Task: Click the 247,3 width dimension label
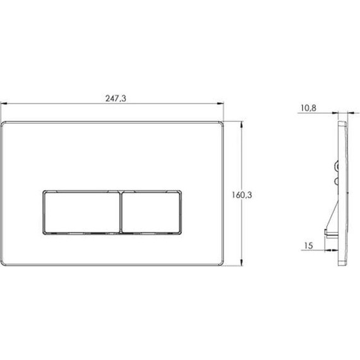[116, 99]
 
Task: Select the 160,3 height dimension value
[242, 195]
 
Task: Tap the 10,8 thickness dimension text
[308, 108]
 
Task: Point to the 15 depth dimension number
[309, 246]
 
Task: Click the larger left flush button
[82, 212]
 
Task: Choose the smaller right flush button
[151, 212]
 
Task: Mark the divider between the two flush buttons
[121, 212]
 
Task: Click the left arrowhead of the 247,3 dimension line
[4, 104]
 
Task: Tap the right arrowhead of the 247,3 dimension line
[220, 104]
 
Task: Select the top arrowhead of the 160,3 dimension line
[241, 125]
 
